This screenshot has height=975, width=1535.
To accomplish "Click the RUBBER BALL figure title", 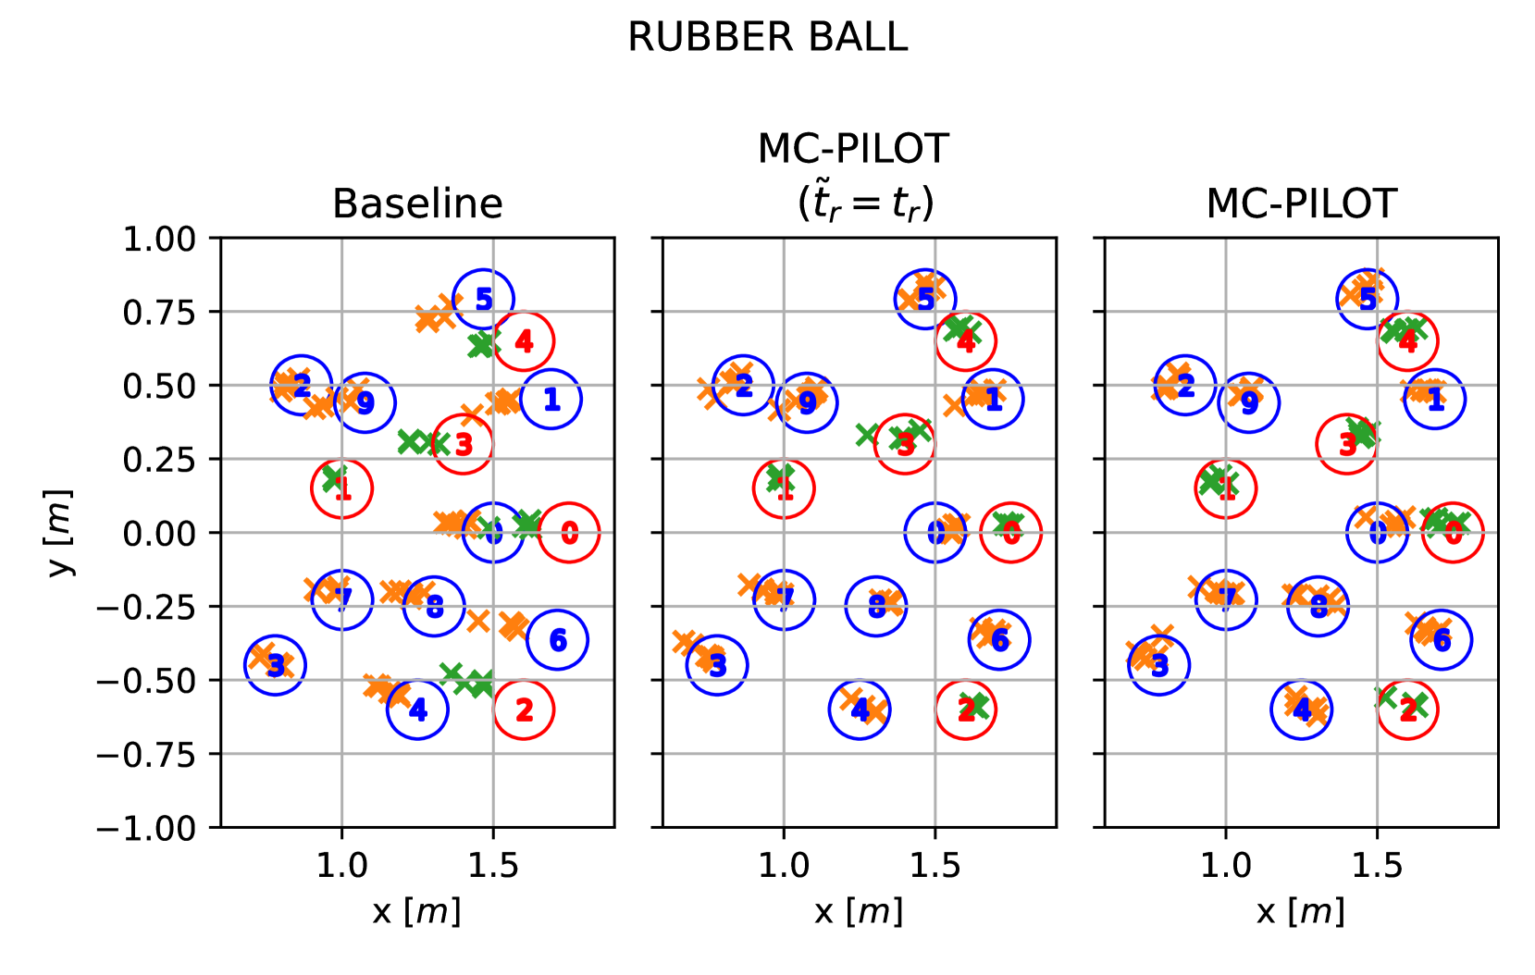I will [767, 38].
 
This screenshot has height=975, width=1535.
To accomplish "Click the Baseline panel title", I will [417, 204].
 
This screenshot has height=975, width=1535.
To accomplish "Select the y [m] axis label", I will [59, 533].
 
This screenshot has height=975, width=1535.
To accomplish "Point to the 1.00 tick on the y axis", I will [159, 239].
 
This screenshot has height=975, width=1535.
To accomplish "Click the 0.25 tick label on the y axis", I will [159, 459].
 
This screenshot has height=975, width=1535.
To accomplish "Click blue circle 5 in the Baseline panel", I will [483, 299].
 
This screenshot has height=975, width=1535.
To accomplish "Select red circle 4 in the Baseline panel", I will [524, 341].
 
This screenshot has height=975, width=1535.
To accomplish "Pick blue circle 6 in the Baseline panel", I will [557, 639].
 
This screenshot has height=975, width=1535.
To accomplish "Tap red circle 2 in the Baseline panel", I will [524, 710].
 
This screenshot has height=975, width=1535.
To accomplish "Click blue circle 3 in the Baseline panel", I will [275, 665].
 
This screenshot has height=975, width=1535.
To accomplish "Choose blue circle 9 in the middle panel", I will [808, 402].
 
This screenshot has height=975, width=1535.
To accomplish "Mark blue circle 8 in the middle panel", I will [875, 606].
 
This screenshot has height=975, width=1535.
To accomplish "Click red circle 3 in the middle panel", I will [905, 444].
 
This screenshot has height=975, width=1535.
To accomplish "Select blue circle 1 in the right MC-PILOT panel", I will [1435, 399].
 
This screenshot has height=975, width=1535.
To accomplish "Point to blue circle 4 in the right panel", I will [1302, 710].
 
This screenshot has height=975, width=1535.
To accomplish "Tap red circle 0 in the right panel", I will [1453, 533].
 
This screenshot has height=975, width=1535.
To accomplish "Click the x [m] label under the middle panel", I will [859, 912].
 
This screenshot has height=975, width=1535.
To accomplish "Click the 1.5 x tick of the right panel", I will [1377, 866].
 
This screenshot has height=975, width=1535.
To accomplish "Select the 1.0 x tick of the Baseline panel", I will [342, 866].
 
